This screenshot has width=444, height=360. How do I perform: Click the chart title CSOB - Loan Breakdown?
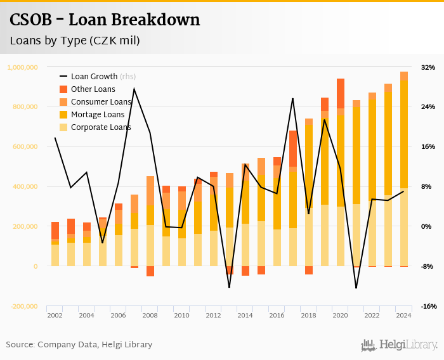pos(105,20)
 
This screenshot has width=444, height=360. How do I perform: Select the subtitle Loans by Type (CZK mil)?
pos(74,41)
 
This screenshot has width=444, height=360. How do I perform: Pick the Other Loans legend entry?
pos(93,89)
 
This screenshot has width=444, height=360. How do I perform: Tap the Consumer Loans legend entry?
pos(100,102)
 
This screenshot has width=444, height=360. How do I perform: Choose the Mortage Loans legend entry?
pos(97,115)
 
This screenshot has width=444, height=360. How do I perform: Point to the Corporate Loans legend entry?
pos(100,127)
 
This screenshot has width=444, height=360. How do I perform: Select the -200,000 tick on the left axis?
pos(23,306)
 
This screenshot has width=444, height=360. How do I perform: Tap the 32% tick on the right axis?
pos(428,67)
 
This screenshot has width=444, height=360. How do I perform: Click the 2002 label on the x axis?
pos(55,315)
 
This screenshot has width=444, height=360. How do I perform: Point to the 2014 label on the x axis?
pos(245,315)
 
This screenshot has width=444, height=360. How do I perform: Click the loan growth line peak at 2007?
pos(134,89)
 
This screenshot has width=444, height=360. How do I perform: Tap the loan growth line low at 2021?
pos(356,288)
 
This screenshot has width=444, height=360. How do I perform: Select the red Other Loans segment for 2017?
pos(293,148)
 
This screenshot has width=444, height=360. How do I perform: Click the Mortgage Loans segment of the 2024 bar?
pos(404,133)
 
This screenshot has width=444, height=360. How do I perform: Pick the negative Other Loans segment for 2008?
pos(150,271)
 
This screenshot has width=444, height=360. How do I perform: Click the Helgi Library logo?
pos(400,345)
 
